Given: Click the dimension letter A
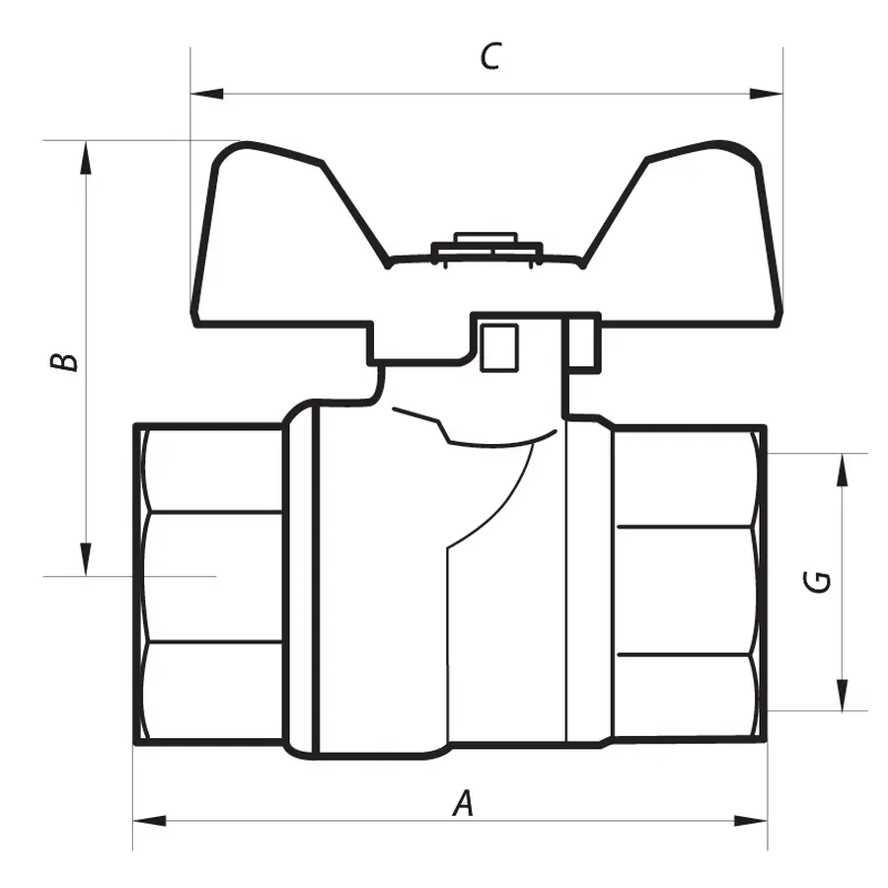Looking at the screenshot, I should [x=464, y=804].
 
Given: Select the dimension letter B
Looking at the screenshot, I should [x=64, y=360].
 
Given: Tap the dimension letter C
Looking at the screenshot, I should [x=489, y=57].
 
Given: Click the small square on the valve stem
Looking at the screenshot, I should [x=498, y=347].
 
